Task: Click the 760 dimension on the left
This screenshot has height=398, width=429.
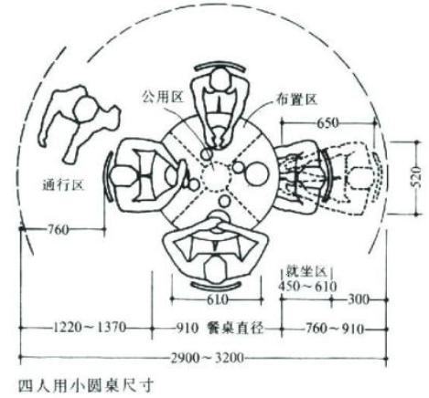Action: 59,229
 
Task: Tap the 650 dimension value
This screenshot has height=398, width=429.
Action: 328,123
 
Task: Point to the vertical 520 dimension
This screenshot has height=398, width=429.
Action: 416,177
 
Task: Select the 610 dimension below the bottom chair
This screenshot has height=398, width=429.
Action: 218,300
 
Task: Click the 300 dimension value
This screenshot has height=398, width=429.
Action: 359,299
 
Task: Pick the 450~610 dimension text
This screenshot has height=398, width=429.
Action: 308,287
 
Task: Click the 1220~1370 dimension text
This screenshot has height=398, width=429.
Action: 90,328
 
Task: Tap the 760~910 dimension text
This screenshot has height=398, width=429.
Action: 335,329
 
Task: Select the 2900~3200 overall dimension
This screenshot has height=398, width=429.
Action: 208,358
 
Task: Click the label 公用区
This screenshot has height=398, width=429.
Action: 163,97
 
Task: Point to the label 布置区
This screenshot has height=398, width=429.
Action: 297,99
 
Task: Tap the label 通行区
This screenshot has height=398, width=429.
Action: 63,184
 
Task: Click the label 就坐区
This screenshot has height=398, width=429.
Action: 306,272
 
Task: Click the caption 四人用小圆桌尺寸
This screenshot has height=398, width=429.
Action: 86,386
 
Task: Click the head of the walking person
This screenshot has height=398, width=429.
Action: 84,110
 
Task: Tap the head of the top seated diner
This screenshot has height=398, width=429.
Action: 220,79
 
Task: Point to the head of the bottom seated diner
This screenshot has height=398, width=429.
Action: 216,270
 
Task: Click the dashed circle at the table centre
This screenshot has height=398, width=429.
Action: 215,176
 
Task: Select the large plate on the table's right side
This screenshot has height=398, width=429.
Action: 257,173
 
